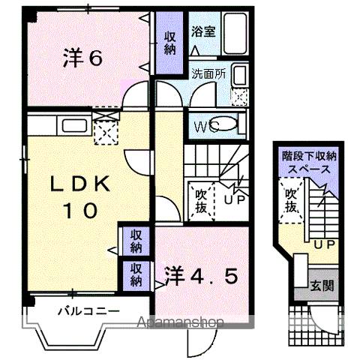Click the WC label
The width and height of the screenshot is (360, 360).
coord(205,127)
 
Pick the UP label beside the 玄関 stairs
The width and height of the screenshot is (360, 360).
coord(323,244)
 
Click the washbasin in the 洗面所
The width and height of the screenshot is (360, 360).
coord(240,75)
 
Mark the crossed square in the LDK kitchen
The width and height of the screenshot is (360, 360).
coord(103,135)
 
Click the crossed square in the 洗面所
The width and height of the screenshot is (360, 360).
coord(240,96)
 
